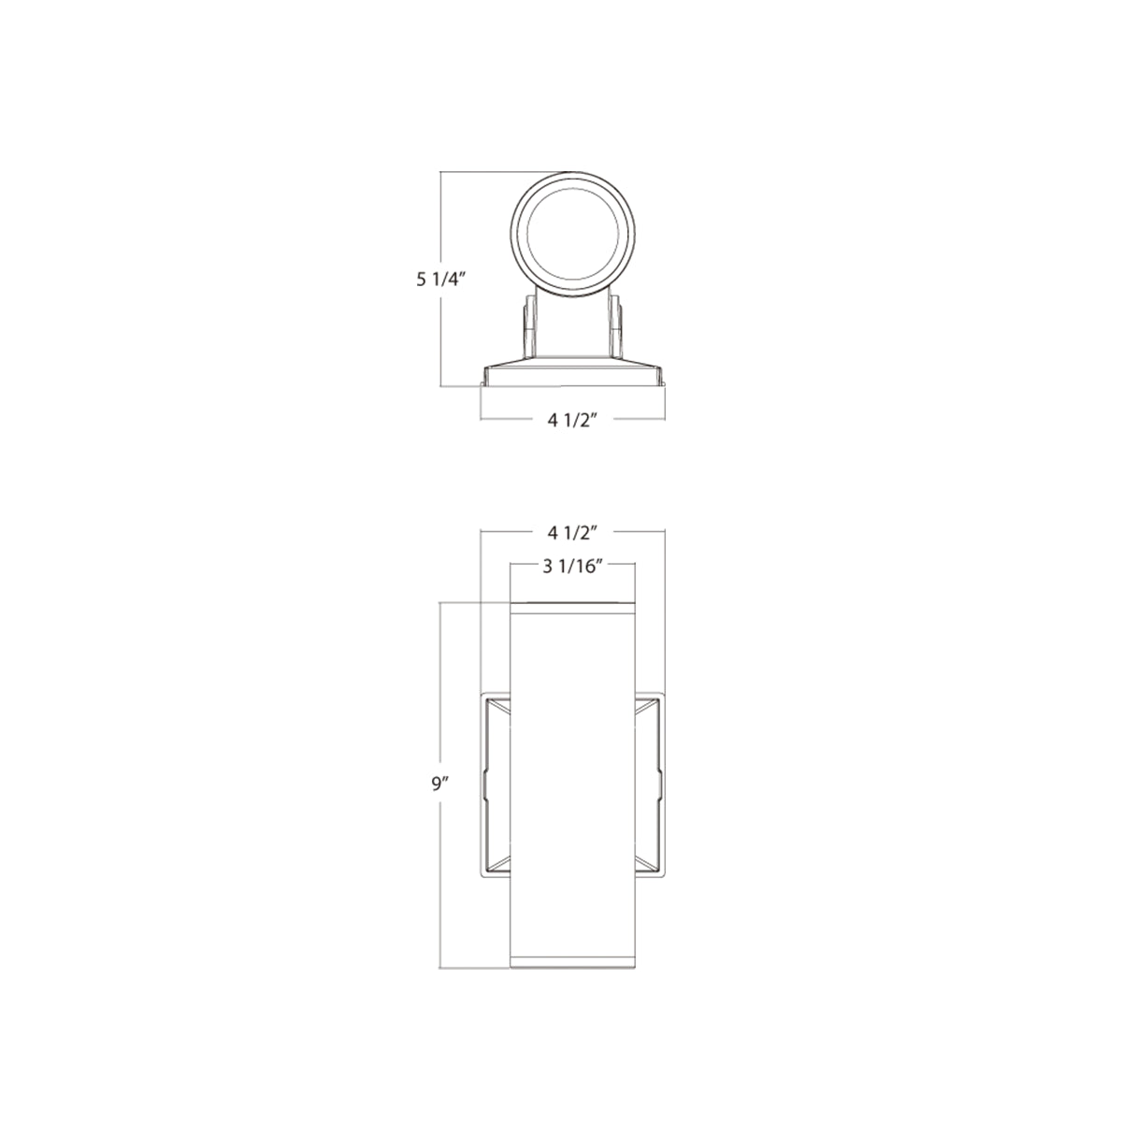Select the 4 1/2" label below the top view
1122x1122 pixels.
point(573,421)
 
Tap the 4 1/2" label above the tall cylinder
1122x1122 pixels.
point(573,532)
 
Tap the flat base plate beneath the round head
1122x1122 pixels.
point(573,375)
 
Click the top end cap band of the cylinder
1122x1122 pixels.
point(573,609)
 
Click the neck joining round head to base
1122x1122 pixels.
point(573,323)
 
